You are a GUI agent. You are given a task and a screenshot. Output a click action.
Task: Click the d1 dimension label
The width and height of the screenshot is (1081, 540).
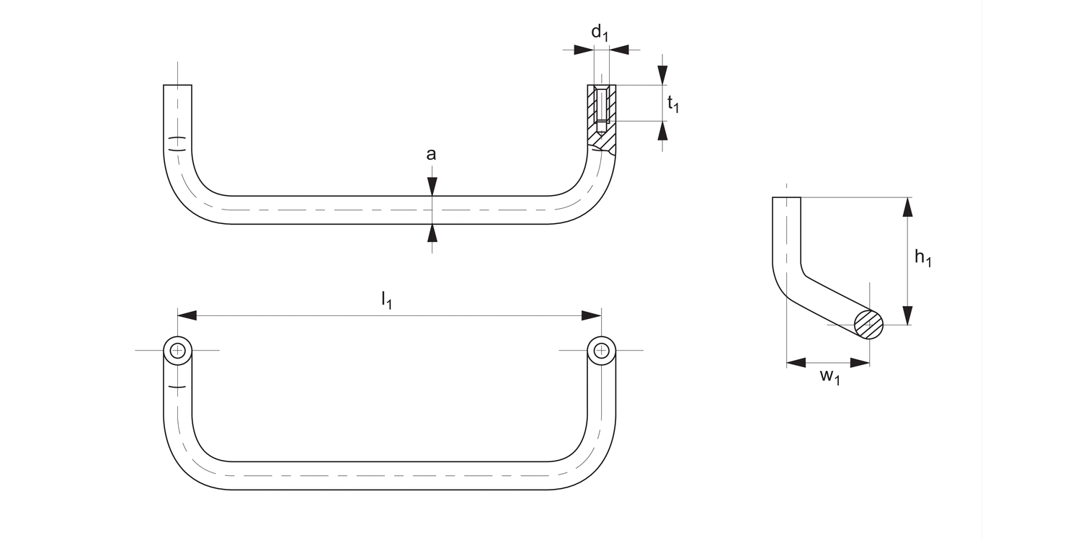pos(600,32)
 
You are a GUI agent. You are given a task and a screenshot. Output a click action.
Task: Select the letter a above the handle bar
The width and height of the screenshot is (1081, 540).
pos(431,154)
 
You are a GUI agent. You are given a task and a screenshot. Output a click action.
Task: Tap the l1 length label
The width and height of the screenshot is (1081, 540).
pos(386,300)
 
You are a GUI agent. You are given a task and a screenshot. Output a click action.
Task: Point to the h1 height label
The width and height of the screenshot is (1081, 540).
pos(922,257)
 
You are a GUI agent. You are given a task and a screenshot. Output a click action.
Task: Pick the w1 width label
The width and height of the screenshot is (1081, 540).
pos(830,377)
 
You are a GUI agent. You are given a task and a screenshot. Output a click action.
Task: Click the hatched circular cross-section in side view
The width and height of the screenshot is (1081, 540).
pos(869,325)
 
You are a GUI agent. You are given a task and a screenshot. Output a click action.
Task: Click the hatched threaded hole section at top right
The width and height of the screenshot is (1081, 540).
pos(601,115)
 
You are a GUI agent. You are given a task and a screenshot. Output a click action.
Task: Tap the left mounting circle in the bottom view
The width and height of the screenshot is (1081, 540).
pos(177,351)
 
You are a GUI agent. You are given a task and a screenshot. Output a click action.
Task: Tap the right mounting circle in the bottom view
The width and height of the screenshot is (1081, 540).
pos(601,351)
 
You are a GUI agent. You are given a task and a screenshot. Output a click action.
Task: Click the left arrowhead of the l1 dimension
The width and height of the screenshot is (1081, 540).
pos(187,315)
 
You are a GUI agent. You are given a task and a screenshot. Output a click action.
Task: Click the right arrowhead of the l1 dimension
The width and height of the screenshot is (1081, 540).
pos(592,315)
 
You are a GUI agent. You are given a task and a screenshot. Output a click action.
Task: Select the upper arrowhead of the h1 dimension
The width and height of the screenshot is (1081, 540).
pos(907,207)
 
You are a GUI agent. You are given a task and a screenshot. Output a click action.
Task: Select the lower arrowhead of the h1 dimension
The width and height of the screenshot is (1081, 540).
pos(907,315)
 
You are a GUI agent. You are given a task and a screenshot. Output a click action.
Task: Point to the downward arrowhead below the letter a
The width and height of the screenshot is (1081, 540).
pos(431,186)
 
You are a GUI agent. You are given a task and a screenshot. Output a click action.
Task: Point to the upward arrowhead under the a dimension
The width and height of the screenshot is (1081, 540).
pos(431,233)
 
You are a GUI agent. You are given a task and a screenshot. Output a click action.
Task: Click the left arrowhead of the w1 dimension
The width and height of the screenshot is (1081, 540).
pos(796,362)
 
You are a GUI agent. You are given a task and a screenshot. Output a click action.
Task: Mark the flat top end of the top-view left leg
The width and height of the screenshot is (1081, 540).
pos(177,86)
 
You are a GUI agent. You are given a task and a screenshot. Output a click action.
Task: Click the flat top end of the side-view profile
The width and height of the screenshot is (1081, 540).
pos(786,198)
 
